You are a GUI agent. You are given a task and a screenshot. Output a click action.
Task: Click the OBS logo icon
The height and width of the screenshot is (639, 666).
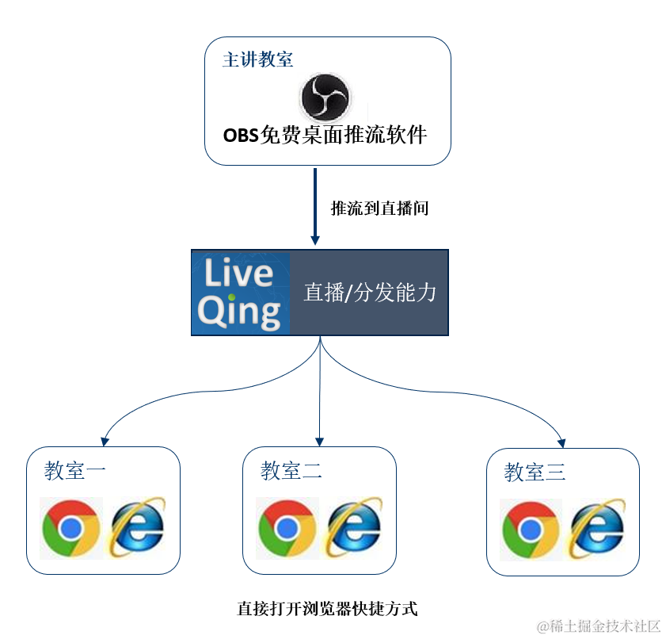(x=325, y=98)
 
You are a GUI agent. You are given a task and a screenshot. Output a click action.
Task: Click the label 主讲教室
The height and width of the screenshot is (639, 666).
(x=257, y=60)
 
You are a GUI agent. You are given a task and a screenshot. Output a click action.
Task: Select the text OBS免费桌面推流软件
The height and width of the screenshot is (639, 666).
(x=325, y=135)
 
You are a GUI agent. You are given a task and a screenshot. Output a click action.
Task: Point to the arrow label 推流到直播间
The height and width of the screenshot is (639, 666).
(x=379, y=209)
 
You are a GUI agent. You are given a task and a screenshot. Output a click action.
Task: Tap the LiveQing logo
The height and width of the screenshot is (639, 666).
(x=240, y=293)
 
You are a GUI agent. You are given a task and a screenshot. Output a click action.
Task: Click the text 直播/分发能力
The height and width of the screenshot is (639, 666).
(x=369, y=293)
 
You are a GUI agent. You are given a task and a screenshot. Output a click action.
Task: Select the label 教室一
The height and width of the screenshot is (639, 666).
(x=75, y=471)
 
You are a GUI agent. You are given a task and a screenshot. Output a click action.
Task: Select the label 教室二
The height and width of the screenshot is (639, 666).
(x=291, y=471)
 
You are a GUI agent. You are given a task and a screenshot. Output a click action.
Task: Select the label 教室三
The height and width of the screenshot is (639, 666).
(x=535, y=473)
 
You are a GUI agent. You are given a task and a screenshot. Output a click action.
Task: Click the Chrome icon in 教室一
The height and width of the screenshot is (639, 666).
(x=71, y=528)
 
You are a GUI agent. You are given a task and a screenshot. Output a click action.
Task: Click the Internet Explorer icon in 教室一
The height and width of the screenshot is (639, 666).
(x=138, y=526)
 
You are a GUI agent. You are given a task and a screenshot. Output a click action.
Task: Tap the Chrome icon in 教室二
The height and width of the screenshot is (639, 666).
(x=287, y=528)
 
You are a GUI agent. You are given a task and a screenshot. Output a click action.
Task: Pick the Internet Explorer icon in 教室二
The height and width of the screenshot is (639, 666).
(x=354, y=526)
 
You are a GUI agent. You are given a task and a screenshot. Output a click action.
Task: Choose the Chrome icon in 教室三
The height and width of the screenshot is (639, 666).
(x=531, y=530)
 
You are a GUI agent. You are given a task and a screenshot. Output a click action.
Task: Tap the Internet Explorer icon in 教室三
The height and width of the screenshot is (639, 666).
(x=598, y=528)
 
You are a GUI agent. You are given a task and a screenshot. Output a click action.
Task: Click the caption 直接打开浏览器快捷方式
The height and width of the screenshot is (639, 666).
(x=327, y=609)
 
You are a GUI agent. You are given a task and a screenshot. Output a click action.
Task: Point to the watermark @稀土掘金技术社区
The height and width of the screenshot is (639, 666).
(x=599, y=626)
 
